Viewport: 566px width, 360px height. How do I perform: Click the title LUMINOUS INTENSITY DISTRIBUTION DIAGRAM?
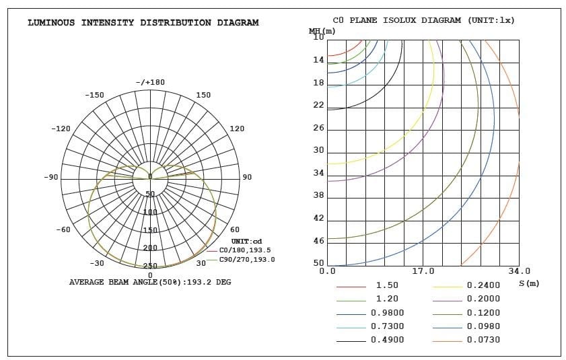point(143,23)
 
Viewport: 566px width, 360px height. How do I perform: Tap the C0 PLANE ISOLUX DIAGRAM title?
point(423,20)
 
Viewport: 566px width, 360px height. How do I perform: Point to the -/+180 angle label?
point(150,82)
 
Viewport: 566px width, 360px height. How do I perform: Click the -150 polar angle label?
point(94,96)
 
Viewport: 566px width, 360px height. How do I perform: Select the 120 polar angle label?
point(237,129)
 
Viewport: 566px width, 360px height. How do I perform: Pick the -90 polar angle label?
point(52,177)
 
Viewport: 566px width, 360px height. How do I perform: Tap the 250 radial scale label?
point(150,266)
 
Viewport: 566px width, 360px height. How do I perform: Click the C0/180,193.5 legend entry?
point(245,250)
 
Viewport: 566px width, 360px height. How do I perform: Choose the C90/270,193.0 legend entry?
point(246,259)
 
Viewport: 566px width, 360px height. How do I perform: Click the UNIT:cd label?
point(246,241)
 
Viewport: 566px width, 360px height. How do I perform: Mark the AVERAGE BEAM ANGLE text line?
point(150,282)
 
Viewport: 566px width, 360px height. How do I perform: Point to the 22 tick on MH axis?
point(318,106)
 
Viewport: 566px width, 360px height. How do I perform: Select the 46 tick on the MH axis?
point(318,241)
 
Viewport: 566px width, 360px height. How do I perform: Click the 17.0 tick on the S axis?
point(423,271)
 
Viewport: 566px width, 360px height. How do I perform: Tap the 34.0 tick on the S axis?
point(519,271)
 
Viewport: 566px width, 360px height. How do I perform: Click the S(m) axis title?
point(529,283)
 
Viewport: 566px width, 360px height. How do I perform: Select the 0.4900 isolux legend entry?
point(387,340)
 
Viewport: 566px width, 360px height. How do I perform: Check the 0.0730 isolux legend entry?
point(484,340)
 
